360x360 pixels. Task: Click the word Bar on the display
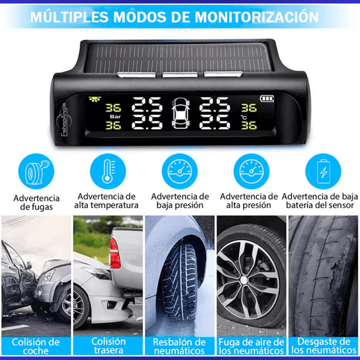[x=114, y=115]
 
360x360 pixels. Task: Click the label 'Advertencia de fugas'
[x=36, y=202]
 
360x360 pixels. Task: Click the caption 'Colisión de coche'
[x=35, y=346]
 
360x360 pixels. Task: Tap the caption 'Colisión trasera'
[x=109, y=346]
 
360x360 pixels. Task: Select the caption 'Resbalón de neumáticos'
[x=180, y=346]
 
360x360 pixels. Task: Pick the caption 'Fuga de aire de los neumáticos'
[x=251, y=346]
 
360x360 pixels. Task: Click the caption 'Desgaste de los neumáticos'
[x=324, y=346]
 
